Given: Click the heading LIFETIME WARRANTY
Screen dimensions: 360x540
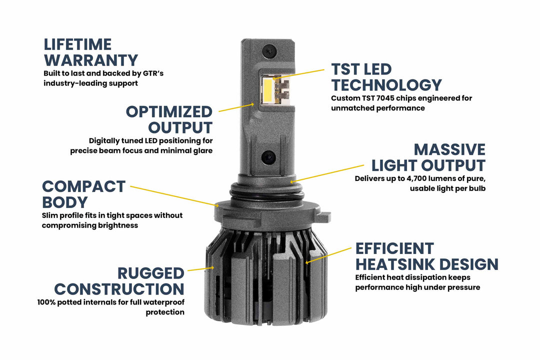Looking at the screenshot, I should pos(90,52).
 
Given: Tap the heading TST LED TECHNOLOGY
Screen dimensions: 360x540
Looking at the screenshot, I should pos(386,77).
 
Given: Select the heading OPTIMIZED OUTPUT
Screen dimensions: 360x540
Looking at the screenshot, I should pos(169,119).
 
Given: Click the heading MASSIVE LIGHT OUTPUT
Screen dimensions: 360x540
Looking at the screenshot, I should pos(427,157).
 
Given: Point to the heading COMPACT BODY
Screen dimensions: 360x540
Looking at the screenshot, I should pos(83,193).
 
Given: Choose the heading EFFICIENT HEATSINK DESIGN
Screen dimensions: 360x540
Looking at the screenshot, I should pos(426,256).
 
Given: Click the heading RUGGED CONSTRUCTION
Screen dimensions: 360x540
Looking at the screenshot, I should pos(119,281).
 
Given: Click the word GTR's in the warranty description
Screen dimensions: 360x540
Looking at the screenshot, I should pos(151,73).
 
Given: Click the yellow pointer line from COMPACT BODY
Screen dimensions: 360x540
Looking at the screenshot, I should pos(172,195).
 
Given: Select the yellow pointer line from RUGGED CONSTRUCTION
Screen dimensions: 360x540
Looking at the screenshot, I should pos(200,269).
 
